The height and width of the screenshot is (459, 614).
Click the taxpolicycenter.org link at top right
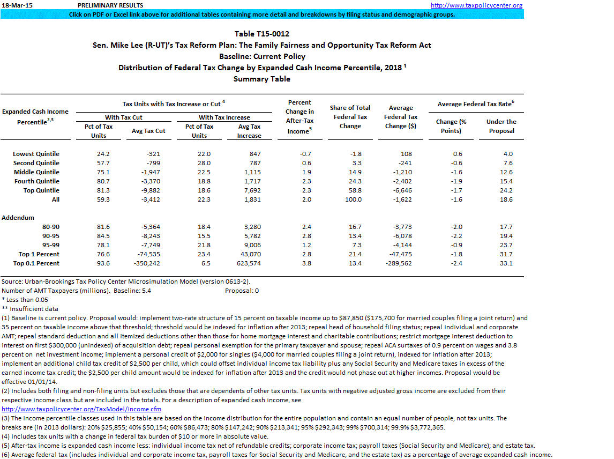point(476,5)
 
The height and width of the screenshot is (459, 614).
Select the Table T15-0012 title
point(261,34)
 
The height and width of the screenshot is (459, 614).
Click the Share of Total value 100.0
point(354,199)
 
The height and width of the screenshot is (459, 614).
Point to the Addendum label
point(18,218)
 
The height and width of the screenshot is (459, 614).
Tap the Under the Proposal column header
point(501,126)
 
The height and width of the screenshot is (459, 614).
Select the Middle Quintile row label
point(36,172)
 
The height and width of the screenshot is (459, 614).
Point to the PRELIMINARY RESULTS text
point(107,5)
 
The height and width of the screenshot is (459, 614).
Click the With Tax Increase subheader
point(224,117)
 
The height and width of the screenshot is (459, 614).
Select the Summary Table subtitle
point(261,79)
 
